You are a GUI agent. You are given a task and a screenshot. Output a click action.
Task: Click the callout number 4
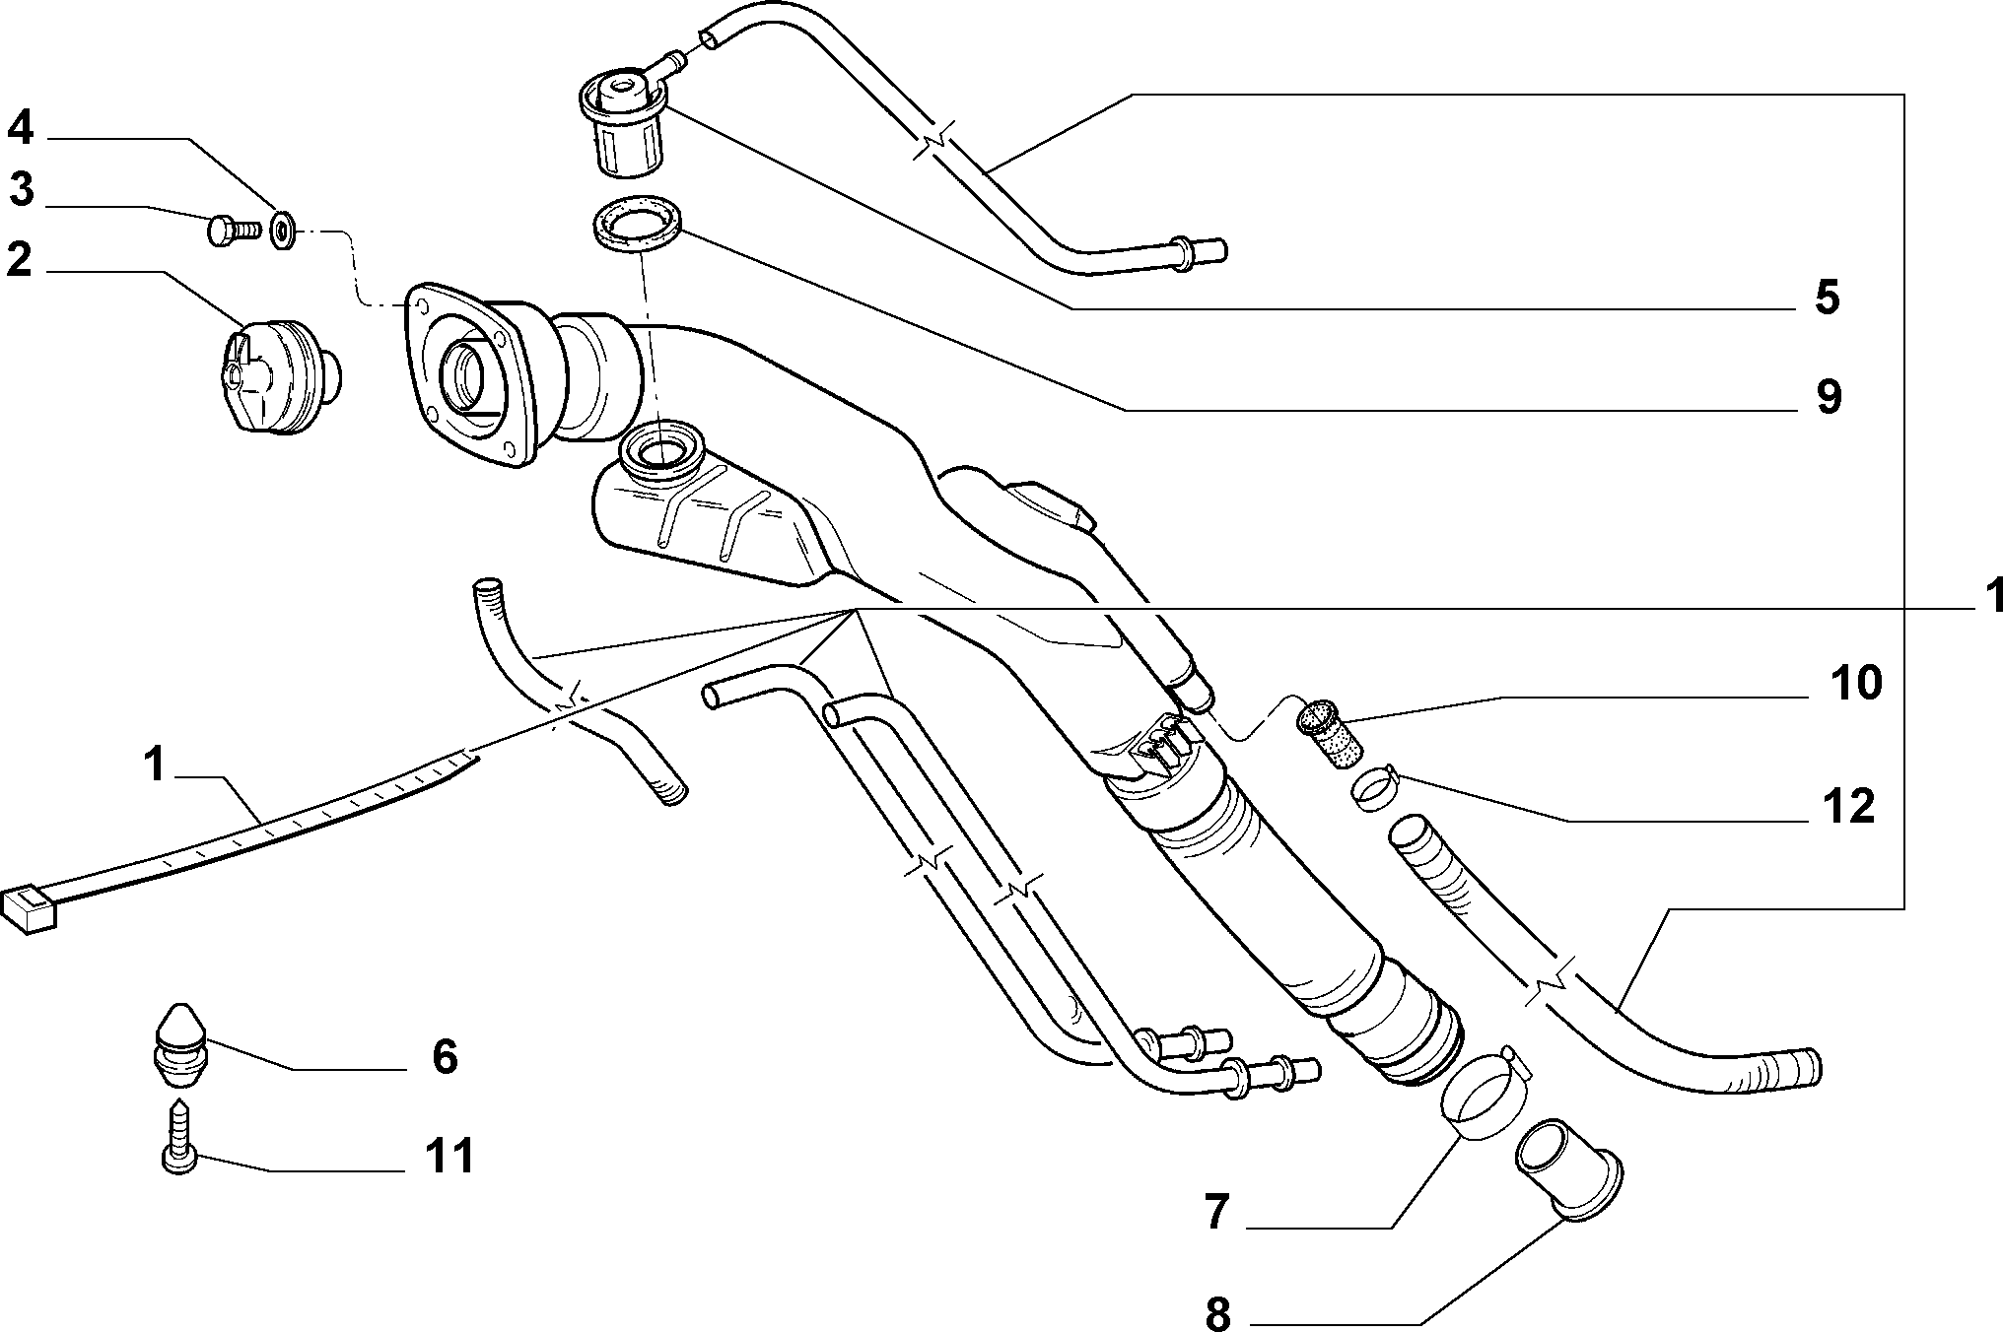(x=23, y=129)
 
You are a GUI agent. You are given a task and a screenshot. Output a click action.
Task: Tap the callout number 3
(x=23, y=190)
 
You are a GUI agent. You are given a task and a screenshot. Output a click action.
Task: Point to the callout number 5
(x=1827, y=297)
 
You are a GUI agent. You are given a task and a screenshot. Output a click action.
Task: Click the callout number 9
(x=1828, y=397)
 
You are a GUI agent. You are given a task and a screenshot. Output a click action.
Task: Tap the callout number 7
(x=1217, y=1212)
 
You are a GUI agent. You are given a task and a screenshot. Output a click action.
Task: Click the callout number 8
(x=1218, y=1313)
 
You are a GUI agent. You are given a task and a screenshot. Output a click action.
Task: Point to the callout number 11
(x=449, y=1155)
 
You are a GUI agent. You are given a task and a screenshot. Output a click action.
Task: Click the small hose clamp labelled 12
(x=1372, y=789)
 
